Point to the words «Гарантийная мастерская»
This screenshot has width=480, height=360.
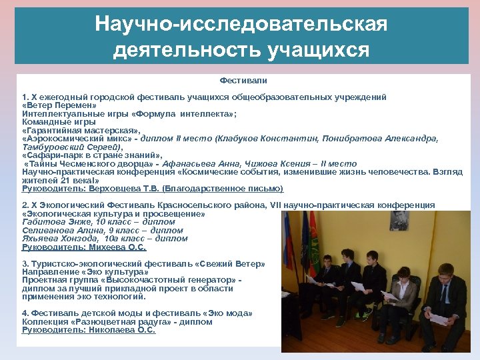click(81, 131)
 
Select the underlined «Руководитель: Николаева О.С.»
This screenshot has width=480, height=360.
click(88, 330)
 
